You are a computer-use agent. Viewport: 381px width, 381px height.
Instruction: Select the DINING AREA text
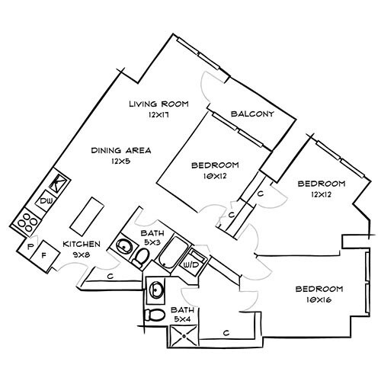(x=120, y=150)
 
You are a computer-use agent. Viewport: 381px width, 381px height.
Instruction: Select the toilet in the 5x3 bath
(x=141, y=259)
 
